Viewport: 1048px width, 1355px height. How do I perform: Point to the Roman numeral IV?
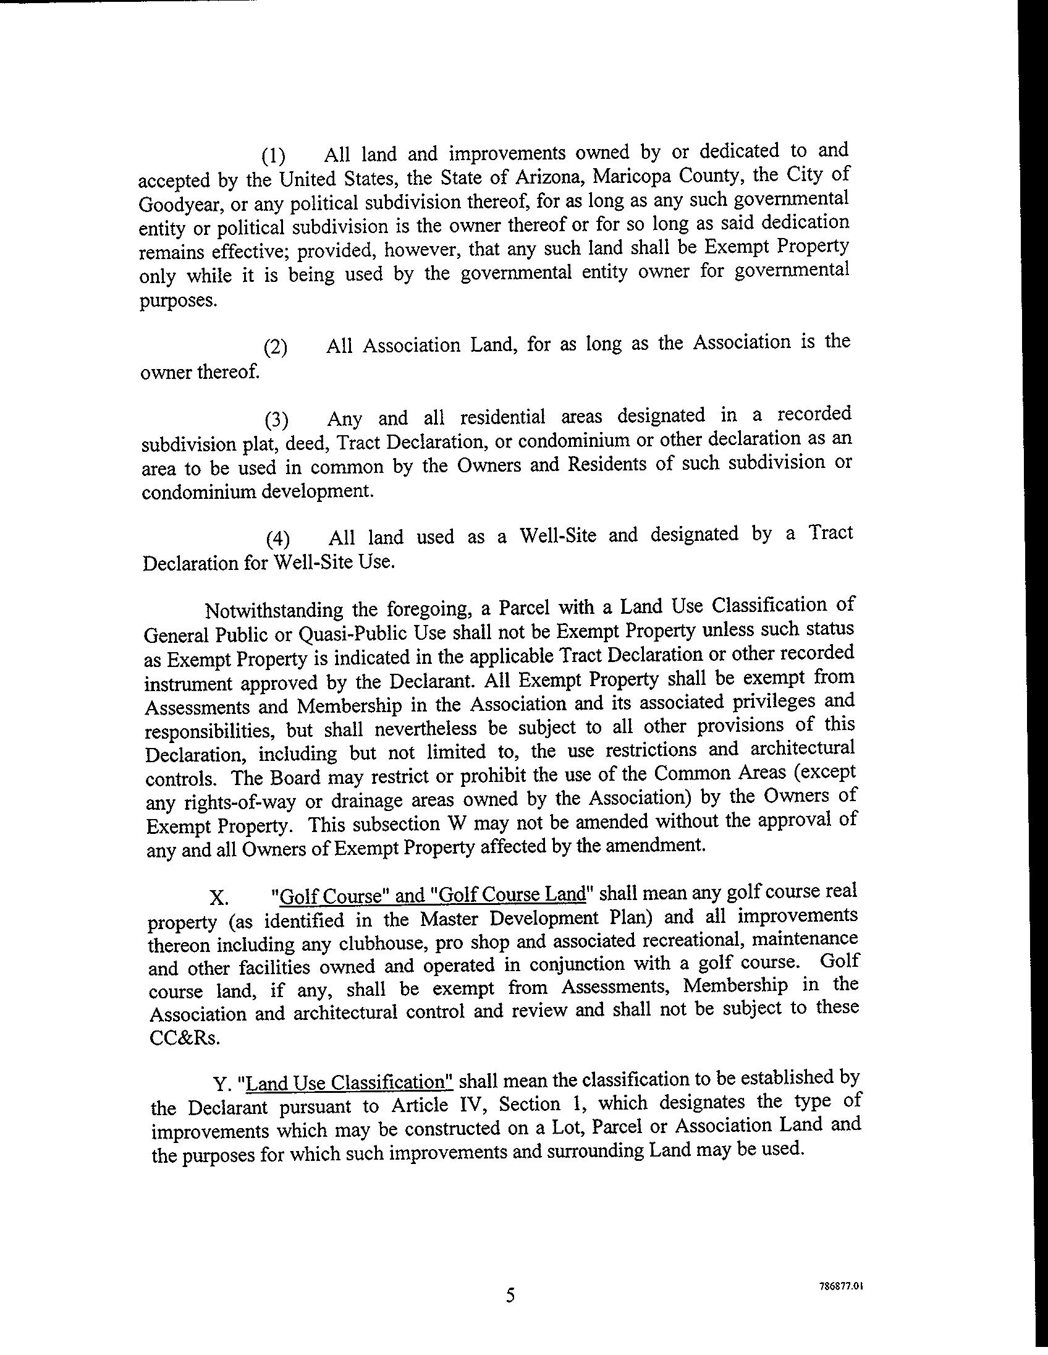(x=476, y=1105)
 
